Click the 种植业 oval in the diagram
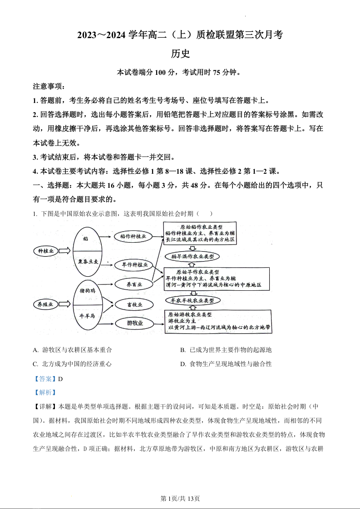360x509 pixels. click(46, 250)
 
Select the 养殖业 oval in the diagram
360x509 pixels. click(46, 304)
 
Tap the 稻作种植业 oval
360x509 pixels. click(133, 236)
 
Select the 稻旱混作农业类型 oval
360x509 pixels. click(192, 256)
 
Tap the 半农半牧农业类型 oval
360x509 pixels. click(193, 300)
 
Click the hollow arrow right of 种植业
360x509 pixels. click(64, 250)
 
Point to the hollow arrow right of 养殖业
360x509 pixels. click(64, 304)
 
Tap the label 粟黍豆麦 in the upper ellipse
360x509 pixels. click(86, 262)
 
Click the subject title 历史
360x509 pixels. click(180, 54)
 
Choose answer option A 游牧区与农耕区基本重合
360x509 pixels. click(73, 350)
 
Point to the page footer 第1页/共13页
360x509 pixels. click(180, 499)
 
